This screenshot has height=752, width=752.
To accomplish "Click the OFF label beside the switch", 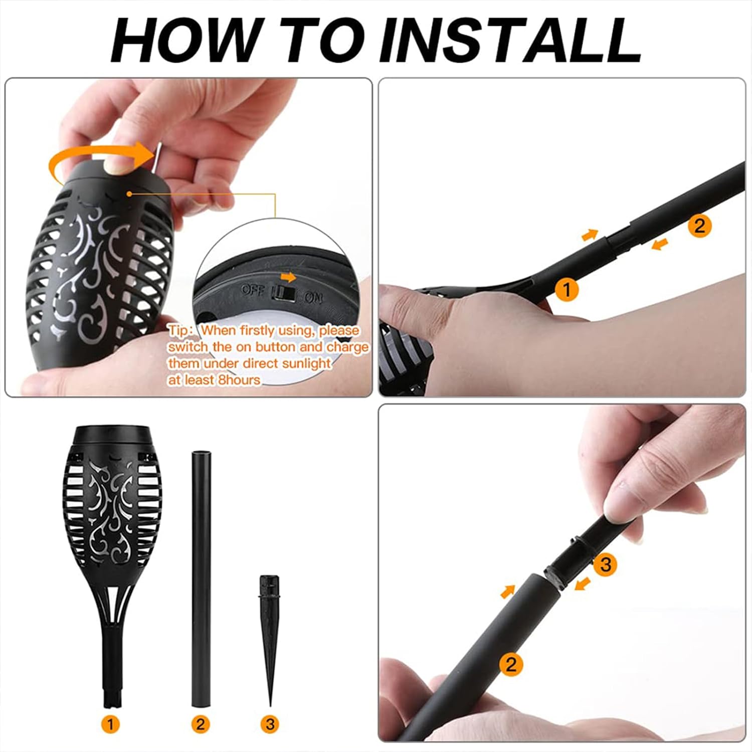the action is [x=254, y=290].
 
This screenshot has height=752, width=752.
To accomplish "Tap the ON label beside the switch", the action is [x=313, y=298].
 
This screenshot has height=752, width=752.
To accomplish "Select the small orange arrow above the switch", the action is [x=288, y=277].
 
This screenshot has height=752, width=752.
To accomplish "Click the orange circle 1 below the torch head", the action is [x=110, y=723].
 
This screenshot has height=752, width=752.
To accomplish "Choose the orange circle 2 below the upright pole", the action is [x=201, y=723].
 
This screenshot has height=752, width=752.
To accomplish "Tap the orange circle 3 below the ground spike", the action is [x=270, y=723].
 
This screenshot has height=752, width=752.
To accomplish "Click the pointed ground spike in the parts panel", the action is [x=270, y=637].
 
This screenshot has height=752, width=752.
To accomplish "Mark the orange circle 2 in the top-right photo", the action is [x=699, y=226].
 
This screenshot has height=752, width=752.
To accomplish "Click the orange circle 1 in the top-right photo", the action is [x=567, y=290].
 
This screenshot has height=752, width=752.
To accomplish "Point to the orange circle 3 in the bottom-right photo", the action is [x=606, y=564].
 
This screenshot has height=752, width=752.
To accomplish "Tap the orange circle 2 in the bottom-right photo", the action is [x=511, y=664].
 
